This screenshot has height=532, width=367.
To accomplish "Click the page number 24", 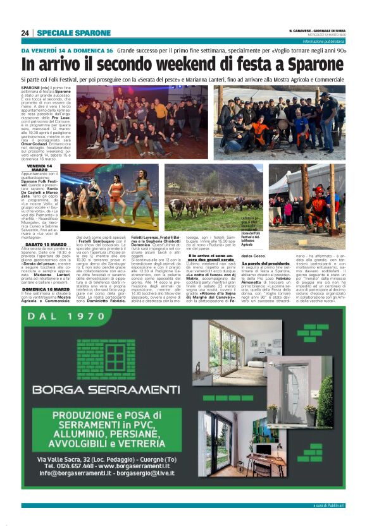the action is (25, 33).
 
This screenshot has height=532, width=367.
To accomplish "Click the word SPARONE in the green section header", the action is (90, 33).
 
